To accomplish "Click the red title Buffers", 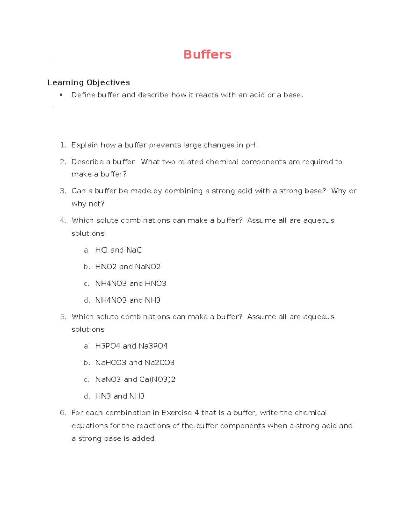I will [x=207, y=54].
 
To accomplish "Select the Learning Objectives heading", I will [x=89, y=82].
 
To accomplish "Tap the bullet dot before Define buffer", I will [x=61, y=95].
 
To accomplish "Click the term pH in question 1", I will [x=251, y=145].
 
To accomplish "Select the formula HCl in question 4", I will [x=101, y=250].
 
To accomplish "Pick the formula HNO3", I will [x=156, y=283].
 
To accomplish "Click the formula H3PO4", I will [x=108, y=346].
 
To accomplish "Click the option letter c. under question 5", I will [x=87, y=380].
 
